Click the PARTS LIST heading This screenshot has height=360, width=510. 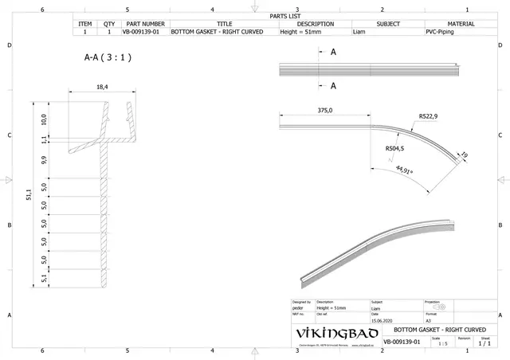coord(285,15)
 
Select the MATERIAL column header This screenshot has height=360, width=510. coord(461,24)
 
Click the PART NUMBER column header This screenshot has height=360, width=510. coord(145,24)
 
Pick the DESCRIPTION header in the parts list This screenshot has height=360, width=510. coord(315,24)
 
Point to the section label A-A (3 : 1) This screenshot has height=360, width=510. coord(108,58)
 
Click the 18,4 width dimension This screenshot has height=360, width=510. coord(102,87)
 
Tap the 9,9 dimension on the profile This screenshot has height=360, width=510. coord(45,159)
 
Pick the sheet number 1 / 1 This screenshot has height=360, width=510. coord(484,344)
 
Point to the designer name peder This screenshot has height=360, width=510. coord(297,307)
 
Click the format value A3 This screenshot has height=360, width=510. coord(429,320)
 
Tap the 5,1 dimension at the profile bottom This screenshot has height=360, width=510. coord(45,278)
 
